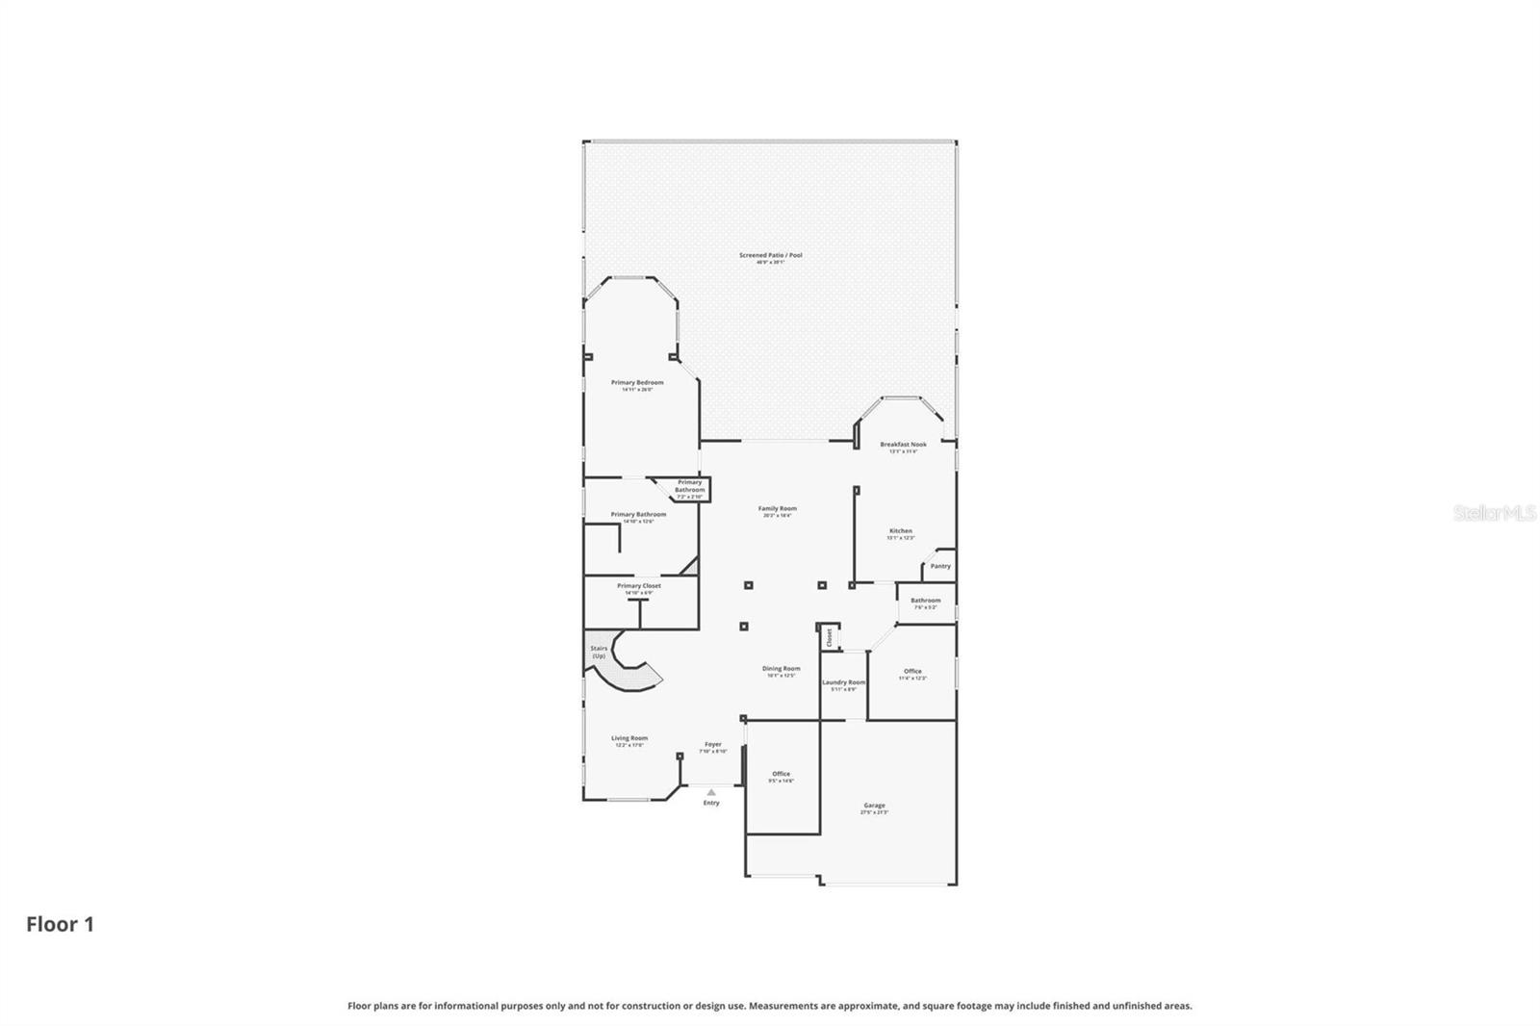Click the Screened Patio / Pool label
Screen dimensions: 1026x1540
(x=770, y=256)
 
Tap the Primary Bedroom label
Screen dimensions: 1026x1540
(x=637, y=383)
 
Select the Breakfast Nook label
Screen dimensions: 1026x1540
(x=903, y=445)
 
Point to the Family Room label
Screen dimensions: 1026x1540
(x=777, y=509)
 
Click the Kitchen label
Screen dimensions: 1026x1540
(x=900, y=531)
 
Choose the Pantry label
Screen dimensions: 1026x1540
(x=940, y=566)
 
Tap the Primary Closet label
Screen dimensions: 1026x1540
(x=639, y=586)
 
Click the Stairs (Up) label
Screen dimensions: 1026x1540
(x=599, y=652)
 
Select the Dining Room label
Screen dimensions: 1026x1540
(x=781, y=669)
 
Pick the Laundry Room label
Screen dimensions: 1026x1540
(x=843, y=682)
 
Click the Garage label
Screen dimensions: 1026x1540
(x=874, y=806)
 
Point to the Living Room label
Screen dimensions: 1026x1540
(x=629, y=739)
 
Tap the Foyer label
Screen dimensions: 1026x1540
(x=712, y=744)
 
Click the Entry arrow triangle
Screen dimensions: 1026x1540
(x=711, y=792)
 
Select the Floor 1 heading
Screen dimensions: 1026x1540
(x=60, y=925)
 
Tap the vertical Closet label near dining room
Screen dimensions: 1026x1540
(x=829, y=637)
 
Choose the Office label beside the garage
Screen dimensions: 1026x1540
(x=781, y=774)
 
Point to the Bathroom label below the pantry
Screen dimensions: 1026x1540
(x=925, y=601)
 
